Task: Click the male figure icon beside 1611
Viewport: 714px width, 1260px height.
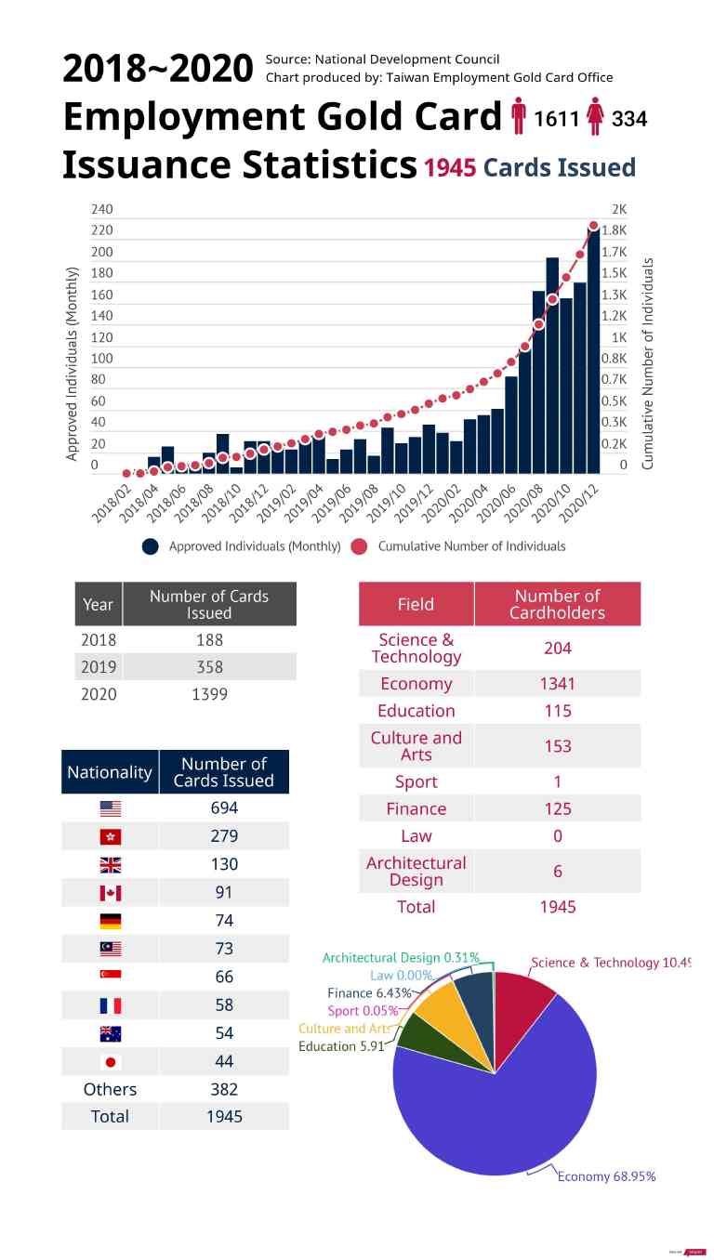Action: pyautogui.click(x=519, y=118)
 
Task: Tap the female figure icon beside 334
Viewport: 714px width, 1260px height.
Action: pyautogui.click(x=596, y=118)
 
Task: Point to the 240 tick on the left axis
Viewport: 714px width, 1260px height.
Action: pyautogui.click(x=101, y=209)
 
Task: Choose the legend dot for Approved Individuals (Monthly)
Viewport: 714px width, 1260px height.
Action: pyautogui.click(x=151, y=546)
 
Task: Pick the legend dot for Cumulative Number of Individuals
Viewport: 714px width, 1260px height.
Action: pyautogui.click(x=360, y=546)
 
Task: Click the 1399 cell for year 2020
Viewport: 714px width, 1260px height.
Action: pyautogui.click(x=209, y=694)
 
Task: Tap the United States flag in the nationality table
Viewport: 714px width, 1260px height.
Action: pyautogui.click(x=110, y=808)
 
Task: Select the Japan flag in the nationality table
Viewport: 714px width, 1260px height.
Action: pyautogui.click(x=110, y=1061)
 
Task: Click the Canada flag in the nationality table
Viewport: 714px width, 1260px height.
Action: pyautogui.click(x=110, y=893)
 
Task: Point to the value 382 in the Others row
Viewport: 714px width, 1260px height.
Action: pyautogui.click(x=224, y=1089)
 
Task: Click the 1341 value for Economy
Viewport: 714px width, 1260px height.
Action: pyautogui.click(x=557, y=683)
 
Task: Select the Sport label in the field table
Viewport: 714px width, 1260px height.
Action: pyautogui.click(x=416, y=781)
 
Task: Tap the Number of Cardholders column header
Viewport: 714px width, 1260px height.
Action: pyautogui.click(x=557, y=604)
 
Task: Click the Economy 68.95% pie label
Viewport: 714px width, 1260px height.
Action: pyautogui.click(x=606, y=1176)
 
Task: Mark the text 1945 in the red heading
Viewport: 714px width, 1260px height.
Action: pyautogui.click(x=450, y=167)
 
